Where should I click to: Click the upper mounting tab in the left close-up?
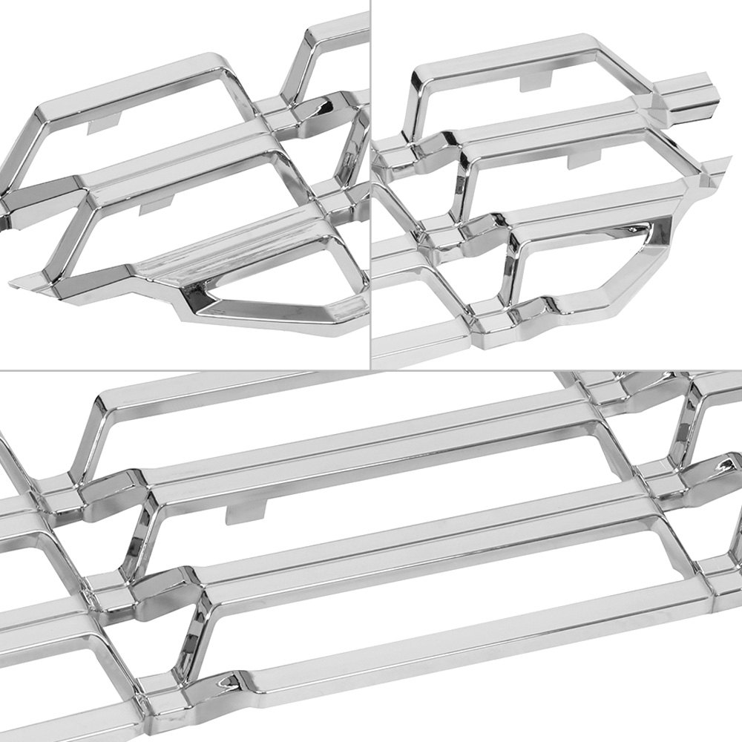[x=104, y=123]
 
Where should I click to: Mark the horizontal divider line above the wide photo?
[x=371, y=370]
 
